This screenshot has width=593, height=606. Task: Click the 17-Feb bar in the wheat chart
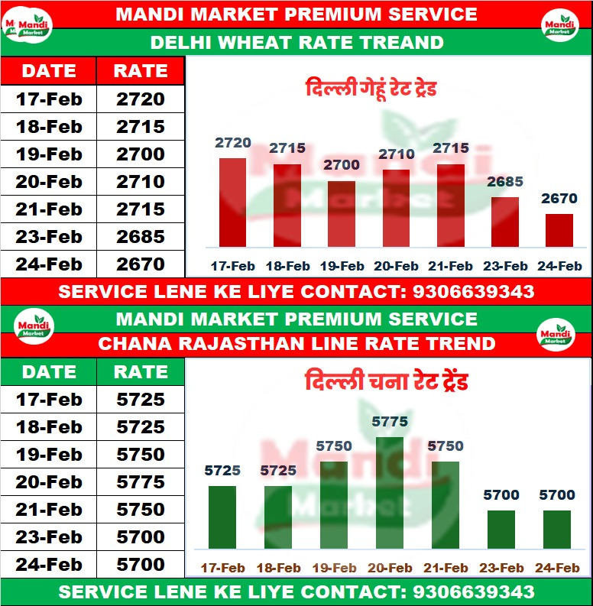click(232, 203)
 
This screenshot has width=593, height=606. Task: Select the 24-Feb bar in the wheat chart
click(559, 231)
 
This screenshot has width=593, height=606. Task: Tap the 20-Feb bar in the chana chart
click(390, 493)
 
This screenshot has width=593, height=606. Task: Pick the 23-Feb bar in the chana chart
click(501, 530)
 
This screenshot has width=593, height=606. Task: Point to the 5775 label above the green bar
click(390, 422)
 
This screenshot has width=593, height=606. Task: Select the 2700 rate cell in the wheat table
click(141, 154)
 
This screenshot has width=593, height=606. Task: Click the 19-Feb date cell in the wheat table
click(49, 154)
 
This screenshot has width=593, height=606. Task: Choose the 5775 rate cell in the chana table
click(141, 482)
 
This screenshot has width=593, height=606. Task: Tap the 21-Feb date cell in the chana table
click(49, 510)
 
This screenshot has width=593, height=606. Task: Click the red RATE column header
click(141, 71)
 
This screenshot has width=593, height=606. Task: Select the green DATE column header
click(49, 372)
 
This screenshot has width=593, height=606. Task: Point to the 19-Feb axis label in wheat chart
click(342, 267)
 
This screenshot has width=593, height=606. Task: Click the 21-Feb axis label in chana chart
click(446, 568)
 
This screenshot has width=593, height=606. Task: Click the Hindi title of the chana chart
click(386, 381)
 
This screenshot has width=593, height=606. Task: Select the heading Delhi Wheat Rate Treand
click(296, 43)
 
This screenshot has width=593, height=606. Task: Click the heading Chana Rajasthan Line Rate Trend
click(296, 344)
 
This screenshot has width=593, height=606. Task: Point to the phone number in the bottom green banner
click(473, 592)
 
